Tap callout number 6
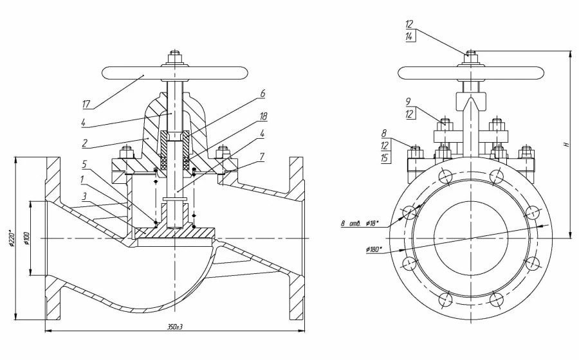tap(262, 93)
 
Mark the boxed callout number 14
tap(409, 37)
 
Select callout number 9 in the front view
tap(409, 101)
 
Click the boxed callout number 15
tap(385, 158)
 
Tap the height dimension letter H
tap(566, 145)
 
